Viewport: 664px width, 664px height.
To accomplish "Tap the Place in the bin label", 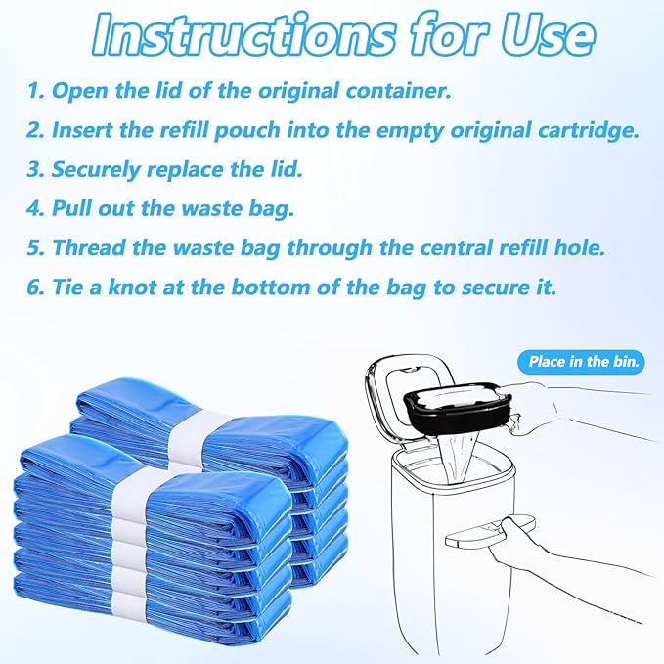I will tap(581, 362).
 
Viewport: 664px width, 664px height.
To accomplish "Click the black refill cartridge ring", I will tap(449, 411).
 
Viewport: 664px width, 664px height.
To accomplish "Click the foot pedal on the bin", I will tap(478, 536).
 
